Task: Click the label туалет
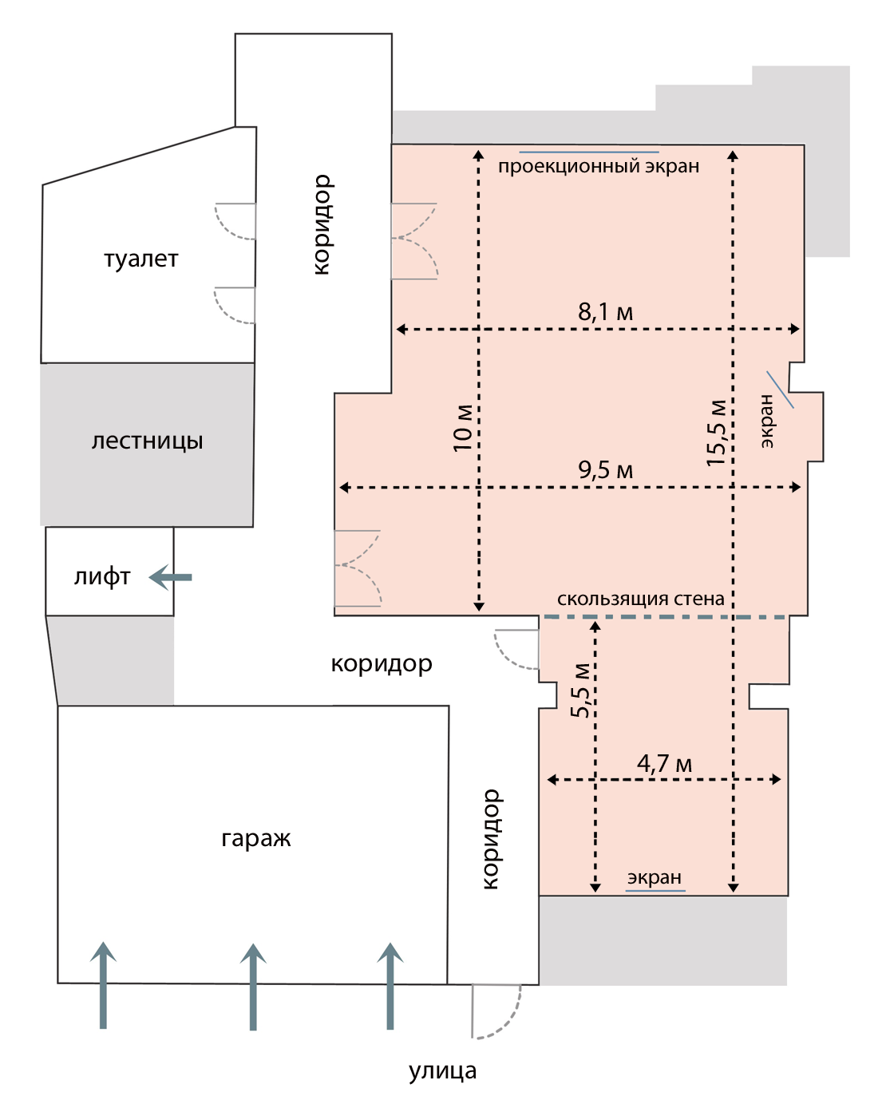point(141,259)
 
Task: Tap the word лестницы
point(147,441)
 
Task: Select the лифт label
point(102,577)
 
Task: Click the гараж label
point(256,840)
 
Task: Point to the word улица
point(442,1071)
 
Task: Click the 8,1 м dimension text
point(606,311)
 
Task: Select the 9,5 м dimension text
point(606,469)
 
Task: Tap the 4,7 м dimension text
point(664,763)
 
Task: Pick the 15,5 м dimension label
point(716,433)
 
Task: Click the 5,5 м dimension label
point(580,690)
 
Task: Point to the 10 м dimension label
point(463,428)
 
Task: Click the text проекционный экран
point(599,166)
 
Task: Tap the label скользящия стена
point(640,599)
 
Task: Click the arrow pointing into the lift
point(170,577)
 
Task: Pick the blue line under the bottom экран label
point(655,891)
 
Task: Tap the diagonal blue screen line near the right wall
point(780,390)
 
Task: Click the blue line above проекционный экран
point(589,152)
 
